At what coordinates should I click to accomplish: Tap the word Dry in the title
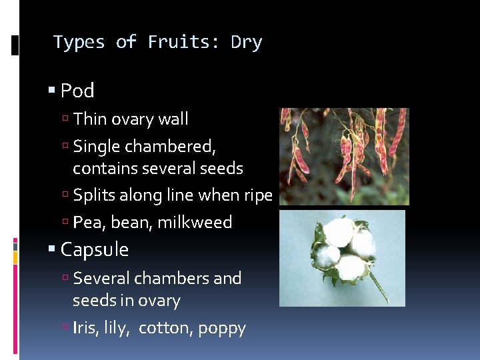tap(246, 43)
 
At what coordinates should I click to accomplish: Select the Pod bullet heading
tap(77, 91)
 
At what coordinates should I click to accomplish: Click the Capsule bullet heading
tap(94, 250)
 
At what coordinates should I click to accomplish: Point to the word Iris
tap(86, 328)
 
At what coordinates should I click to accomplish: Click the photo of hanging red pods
tap(344, 156)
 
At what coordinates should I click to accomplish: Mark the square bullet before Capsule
tap(51, 250)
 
